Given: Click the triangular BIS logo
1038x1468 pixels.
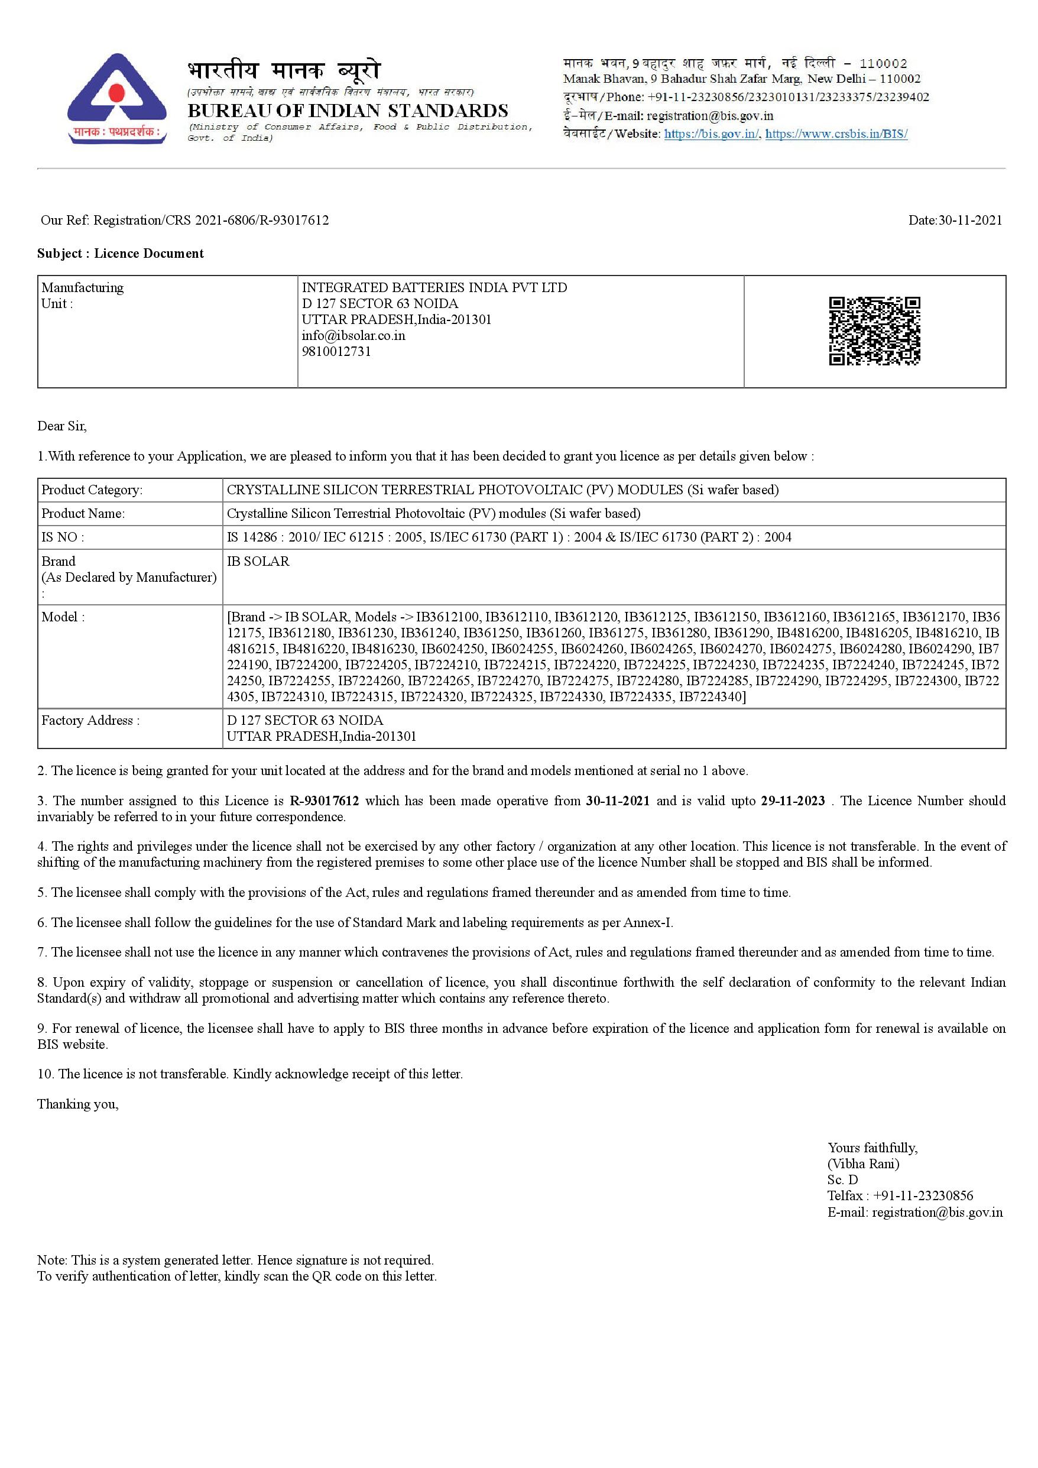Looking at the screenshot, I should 116,98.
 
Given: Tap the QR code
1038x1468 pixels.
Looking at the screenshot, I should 874,330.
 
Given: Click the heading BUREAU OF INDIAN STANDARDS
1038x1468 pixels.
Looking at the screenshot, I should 348,111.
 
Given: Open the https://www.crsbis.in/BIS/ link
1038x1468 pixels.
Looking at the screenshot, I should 836,134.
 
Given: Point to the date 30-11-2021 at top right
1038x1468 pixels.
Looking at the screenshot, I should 955,220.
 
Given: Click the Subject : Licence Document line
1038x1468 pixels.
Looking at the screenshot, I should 120,253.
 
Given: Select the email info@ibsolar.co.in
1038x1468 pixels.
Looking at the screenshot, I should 353,335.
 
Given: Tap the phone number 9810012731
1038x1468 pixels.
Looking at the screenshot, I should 336,351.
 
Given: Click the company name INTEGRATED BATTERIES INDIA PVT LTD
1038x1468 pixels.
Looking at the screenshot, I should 434,287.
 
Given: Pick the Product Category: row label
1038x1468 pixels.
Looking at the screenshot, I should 92,490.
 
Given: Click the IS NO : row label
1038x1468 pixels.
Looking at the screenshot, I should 63,537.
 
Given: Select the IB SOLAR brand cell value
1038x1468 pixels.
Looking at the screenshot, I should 258,560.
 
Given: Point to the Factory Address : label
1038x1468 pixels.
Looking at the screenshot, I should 90,720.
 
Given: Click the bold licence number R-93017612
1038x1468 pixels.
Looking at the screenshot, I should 324,801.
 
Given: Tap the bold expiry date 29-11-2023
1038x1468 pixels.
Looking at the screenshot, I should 793,801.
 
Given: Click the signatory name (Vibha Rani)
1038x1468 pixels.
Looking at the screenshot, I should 863,1163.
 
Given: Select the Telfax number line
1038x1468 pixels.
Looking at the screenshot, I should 900,1195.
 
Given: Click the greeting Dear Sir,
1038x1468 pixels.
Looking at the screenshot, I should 61,426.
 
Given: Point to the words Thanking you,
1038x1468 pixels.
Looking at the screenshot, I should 77,1104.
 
